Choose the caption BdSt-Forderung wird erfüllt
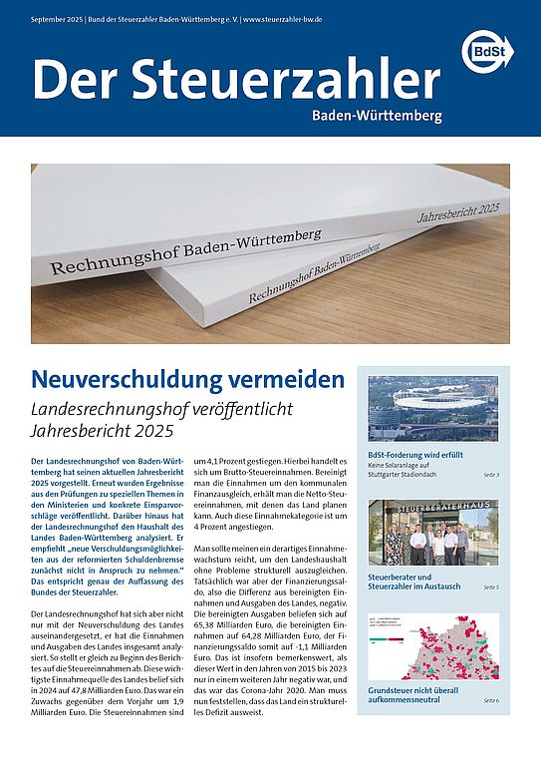421,454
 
